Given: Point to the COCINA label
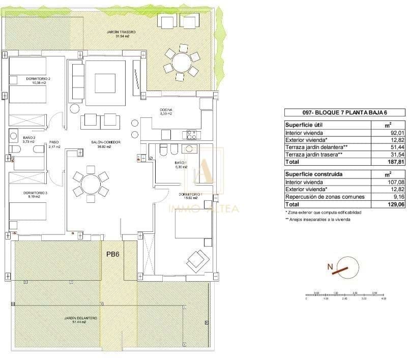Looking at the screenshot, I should [166, 112].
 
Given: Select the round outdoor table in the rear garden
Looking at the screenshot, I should [181, 63].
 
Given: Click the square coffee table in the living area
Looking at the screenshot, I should [105, 82].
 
